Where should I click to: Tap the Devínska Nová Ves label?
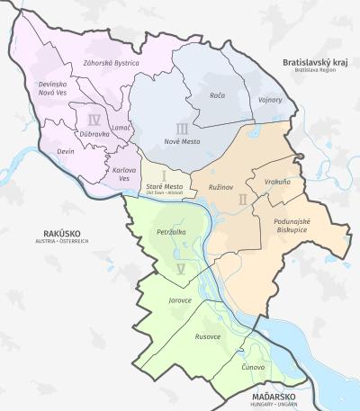53,88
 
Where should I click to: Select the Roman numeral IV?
94,119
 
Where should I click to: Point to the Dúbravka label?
94,134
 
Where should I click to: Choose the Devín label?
65,152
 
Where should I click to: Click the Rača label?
217,94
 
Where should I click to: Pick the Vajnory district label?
269,100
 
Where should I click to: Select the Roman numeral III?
183,129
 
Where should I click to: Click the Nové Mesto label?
184,142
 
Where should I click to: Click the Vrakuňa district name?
277,182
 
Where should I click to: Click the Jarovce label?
180,299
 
